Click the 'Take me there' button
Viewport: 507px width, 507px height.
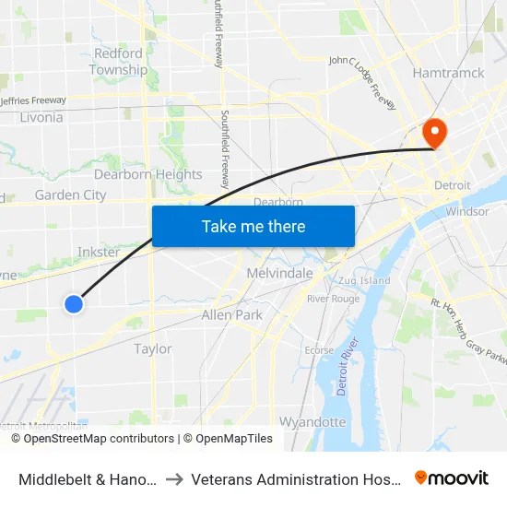pos(253,226)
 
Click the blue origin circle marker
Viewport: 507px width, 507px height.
pos(74,303)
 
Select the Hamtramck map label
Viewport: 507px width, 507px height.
pos(448,73)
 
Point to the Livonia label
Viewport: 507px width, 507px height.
pos(41,117)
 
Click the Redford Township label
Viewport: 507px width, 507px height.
pos(118,62)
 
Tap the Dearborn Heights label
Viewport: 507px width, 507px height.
pos(147,174)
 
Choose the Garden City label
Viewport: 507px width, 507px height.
pos(70,195)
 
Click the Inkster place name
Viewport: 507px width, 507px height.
pos(99,252)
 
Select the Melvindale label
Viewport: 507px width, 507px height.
pos(280,273)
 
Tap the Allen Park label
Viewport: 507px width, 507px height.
pos(231,314)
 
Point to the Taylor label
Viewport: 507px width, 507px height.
pos(153,348)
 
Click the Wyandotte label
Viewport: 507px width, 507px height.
pos(312,422)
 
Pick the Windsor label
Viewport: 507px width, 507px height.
pos(466,211)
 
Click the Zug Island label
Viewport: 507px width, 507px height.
pos(364,280)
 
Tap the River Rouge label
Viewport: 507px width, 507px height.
pos(333,299)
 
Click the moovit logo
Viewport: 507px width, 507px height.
pos(452,478)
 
